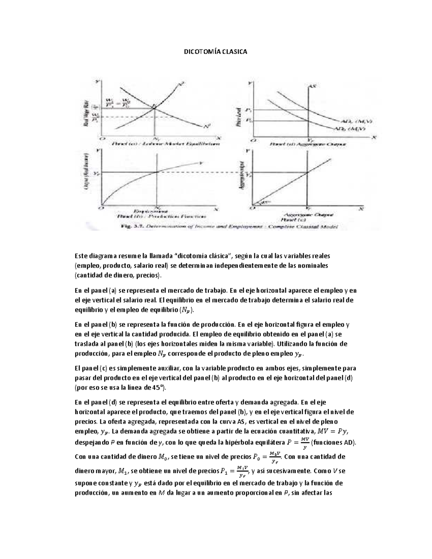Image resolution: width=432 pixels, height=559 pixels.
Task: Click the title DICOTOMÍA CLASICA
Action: coord(216,52)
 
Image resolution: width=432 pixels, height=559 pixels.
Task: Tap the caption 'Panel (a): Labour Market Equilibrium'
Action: coord(166,144)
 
